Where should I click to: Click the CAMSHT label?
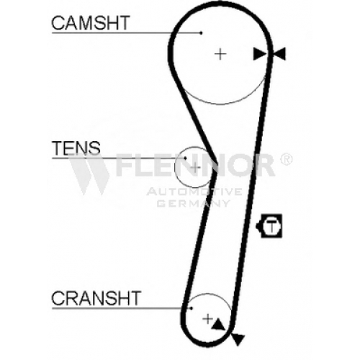pyautogui.click(x=91, y=22)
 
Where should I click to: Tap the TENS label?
pyautogui.click(x=76, y=148)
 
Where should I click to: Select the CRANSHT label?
pyautogui.click(x=96, y=298)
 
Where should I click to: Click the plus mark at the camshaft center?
pyautogui.click(x=220, y=54)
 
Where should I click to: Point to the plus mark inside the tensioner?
pyautogui.click(x=196, y=167)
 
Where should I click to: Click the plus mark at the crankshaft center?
pyautogui.click(x=208, y=319)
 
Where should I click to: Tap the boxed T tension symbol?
pyautogui.click(x=269, y=226)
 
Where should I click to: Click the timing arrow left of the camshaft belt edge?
pyautogui.click(x=260, y=54)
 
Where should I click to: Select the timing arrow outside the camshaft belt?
pyautogui.click(x=279, y=54)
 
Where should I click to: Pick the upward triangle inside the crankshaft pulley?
pyautogui.click(x=218, y=325)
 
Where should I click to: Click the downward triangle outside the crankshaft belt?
pyautogui.click(x=238, y=339)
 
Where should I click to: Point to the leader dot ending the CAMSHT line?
pyautogui.click(x=202, y=33)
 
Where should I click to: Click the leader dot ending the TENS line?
pyautogui.click(x=185, y=158)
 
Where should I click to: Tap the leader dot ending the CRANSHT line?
pyautogui.click(x=192, y=308)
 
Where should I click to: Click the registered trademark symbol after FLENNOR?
pyautogui.click(x=286, y=159)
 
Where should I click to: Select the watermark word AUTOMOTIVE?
pyautogui.click(x=194, y=192)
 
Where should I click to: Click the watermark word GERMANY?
pyautogui.click(x=194, y=203)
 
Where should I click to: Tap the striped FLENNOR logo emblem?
pyautogui.click(x=89, y=174)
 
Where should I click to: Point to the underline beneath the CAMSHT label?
pyautogui.click(x=127, y=33)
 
